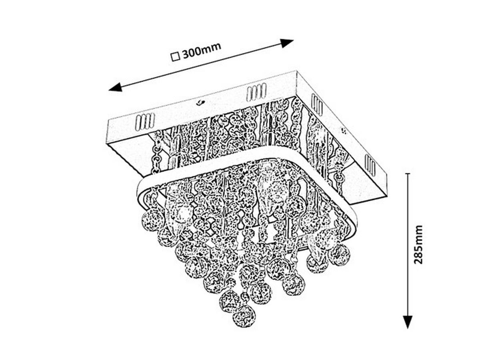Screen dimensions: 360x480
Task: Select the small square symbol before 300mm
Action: point(174,56)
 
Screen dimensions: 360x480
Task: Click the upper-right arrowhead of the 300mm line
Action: point(287,42)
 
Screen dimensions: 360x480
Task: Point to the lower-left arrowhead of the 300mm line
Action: point(116,87)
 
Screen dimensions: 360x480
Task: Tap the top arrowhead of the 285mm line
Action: point(407,178)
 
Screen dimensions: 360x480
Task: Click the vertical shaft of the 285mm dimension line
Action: point(407,248)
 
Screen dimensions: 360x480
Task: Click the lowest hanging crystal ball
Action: point(244,316)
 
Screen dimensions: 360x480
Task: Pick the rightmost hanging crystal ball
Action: point(339,255)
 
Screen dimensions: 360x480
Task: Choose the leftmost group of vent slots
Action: point(145,122)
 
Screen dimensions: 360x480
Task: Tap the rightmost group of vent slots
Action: point(370,165)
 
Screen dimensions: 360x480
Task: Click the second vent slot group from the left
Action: point(256,92)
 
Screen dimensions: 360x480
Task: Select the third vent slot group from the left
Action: point(316,104)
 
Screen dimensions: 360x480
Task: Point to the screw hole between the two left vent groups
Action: point(199,103)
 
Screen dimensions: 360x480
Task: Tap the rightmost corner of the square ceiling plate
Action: point(387,188)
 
